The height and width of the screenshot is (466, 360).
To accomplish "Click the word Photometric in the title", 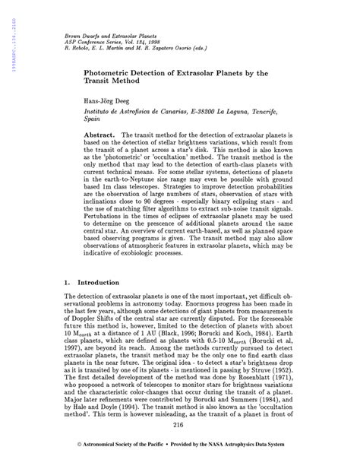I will click(x=110, y=70).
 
